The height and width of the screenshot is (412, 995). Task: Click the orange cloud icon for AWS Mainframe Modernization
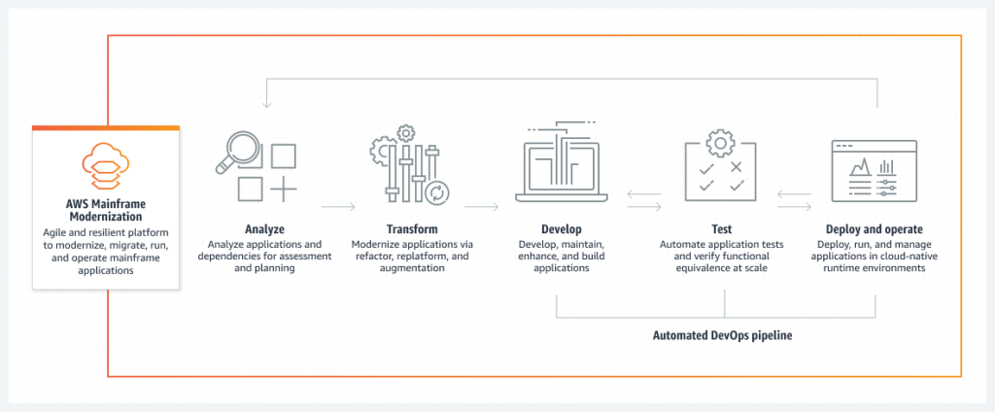tap(105, 165)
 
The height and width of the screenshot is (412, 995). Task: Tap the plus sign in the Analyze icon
tap(283, 188)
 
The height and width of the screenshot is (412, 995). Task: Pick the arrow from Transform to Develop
tap(481, 206)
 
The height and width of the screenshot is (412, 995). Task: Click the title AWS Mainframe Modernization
tap(106, 210)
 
